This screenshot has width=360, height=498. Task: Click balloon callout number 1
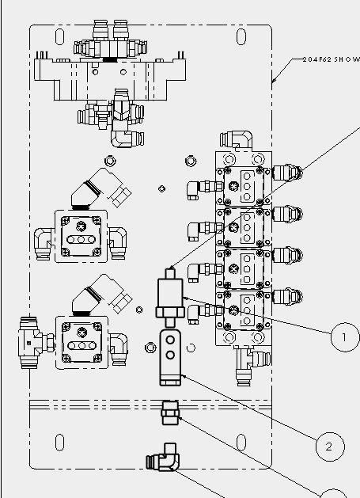point(345,337)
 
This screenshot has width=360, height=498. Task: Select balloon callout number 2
point(330,447)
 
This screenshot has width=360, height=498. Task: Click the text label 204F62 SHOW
point(331,59)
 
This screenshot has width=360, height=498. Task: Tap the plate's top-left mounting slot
point(59,36)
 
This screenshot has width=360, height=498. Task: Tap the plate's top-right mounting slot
point(241,36)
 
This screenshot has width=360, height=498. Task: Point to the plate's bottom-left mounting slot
point(59,442)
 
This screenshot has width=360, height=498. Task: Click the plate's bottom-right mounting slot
point(241,442)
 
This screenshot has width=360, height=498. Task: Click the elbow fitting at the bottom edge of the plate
point(163,458)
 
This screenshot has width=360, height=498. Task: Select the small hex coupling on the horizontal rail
point(170,412)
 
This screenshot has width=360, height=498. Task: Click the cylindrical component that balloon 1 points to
point(170,297)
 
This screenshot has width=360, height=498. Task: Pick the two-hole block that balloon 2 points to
point(170,358)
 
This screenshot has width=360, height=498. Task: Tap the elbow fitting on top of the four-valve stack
point(237,140)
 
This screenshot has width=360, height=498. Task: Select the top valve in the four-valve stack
point(244,186)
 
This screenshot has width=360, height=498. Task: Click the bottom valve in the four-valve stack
point(244,310)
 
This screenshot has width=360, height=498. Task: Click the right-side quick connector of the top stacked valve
point(287,173)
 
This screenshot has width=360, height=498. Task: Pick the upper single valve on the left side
point(81,236)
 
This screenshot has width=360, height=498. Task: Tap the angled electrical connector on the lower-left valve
point(101,295)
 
